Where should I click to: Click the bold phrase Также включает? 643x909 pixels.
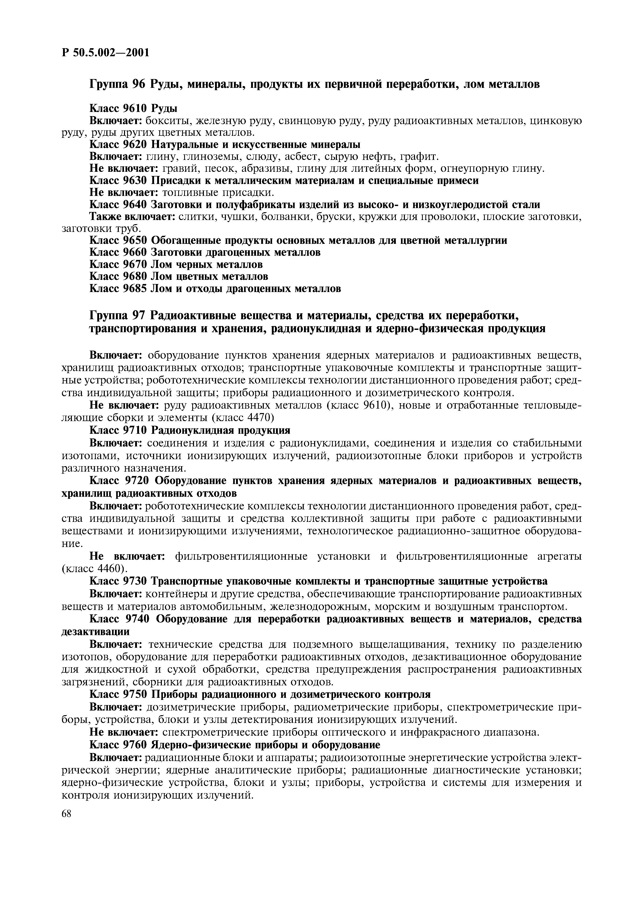132,217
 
